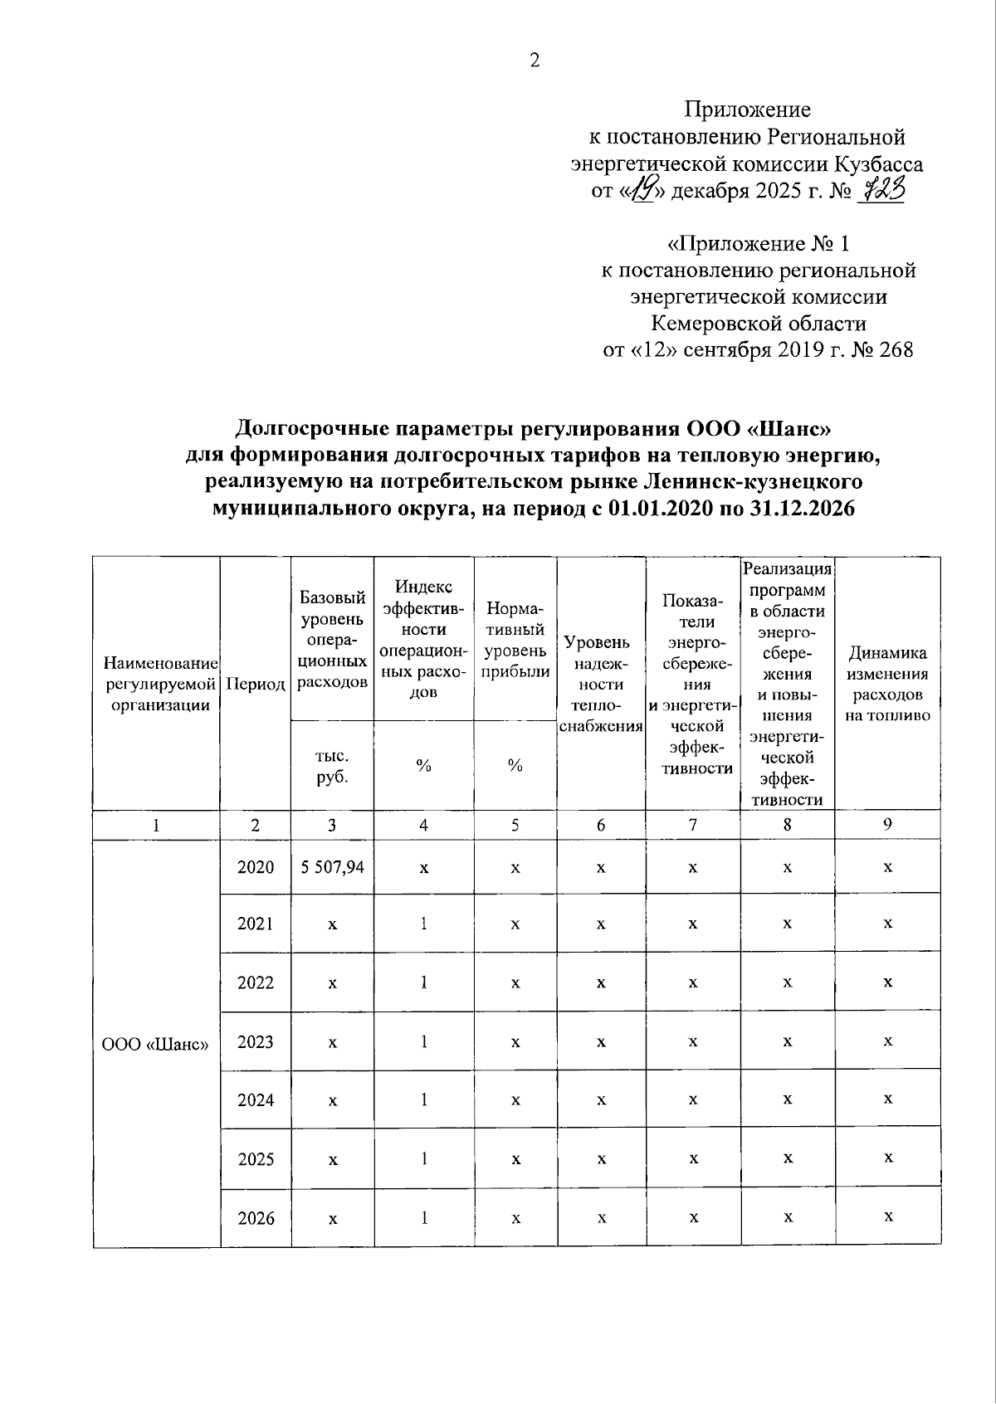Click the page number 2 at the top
(535, 61)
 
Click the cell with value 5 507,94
(332, 867)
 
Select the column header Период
(256, 685)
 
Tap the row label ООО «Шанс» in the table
(155, 1044)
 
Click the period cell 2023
(256, 1042)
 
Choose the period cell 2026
(256, 1218)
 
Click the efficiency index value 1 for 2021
(424, 924)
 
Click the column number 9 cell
(887, 825)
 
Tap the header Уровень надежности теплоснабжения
(601, 685)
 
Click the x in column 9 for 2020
(887, 867)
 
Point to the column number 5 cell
(515, 826)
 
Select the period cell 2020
(256, 867)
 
